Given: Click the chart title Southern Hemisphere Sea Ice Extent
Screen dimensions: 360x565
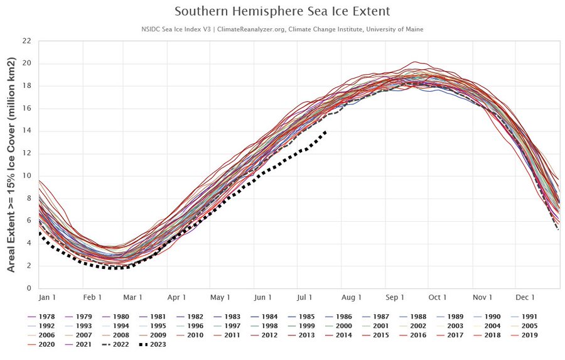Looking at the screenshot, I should [282, 11].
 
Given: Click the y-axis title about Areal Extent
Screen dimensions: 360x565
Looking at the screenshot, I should [11, 165].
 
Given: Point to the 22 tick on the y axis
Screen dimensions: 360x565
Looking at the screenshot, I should [26, 41].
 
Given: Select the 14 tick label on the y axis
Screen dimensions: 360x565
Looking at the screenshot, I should [26, 131].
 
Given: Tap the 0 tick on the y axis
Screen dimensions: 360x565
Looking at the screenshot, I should [29, 288].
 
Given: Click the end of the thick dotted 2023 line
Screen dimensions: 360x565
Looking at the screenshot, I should [325, 131].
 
